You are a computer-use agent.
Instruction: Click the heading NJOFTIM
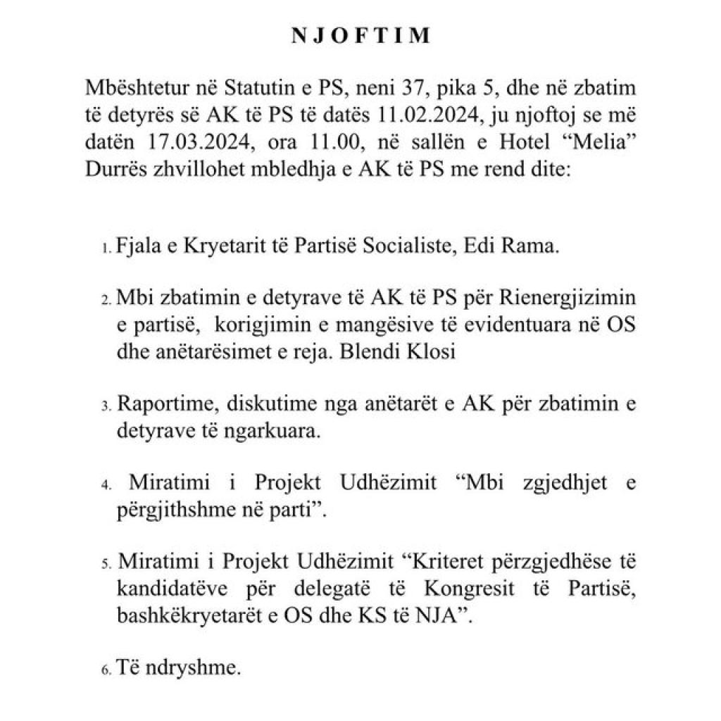point(360,37)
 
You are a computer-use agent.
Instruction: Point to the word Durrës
point(115,160)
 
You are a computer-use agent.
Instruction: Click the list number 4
point(106,486)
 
